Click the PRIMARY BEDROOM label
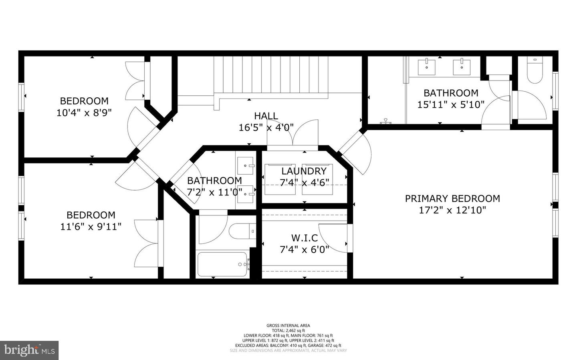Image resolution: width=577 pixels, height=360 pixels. (452, 199)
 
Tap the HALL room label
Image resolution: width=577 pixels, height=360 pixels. (266, 116)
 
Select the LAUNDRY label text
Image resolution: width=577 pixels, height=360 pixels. (304, 171)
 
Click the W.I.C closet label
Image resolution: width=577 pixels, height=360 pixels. (304, 238)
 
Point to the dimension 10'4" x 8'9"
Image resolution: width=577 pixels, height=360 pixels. (84, 113)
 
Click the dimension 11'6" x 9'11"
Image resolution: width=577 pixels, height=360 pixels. (91, 227)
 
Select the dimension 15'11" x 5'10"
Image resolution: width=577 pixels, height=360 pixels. (451, 105)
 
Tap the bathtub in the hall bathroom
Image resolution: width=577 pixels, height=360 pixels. (222, 264)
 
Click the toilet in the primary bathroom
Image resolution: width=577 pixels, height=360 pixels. (535, 71)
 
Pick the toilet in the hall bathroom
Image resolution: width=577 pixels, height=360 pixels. (242, 231)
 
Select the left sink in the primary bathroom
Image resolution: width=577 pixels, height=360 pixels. (427, 66)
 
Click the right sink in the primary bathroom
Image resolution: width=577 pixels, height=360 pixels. (462, 66)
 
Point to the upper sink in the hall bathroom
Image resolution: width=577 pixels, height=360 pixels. (246, 165)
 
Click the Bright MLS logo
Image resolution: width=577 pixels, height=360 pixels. (29, 350)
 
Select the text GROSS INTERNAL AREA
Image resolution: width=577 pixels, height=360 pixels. (288, 326)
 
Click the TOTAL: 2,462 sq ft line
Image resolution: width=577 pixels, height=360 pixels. (288, 330)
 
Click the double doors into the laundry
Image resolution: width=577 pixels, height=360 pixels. (293, 134)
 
